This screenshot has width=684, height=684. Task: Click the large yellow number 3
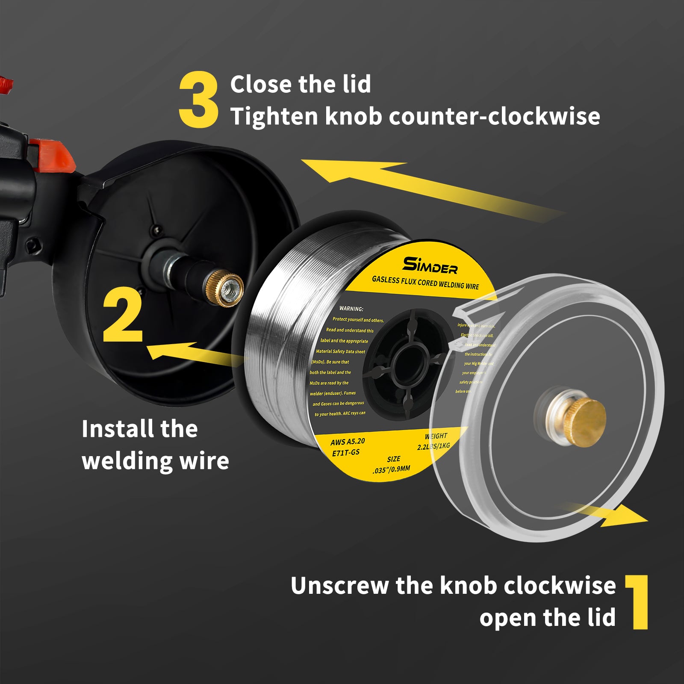[198, 100]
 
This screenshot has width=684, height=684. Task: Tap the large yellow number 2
[123, 315]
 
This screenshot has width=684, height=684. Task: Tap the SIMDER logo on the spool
[430, 265]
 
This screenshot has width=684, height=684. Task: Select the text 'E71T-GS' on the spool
[346, 452]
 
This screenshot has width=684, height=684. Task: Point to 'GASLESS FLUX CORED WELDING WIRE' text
[425, 283]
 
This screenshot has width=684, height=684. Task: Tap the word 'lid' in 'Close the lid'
[357, 84]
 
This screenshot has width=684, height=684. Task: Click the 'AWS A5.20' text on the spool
[348, 442]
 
